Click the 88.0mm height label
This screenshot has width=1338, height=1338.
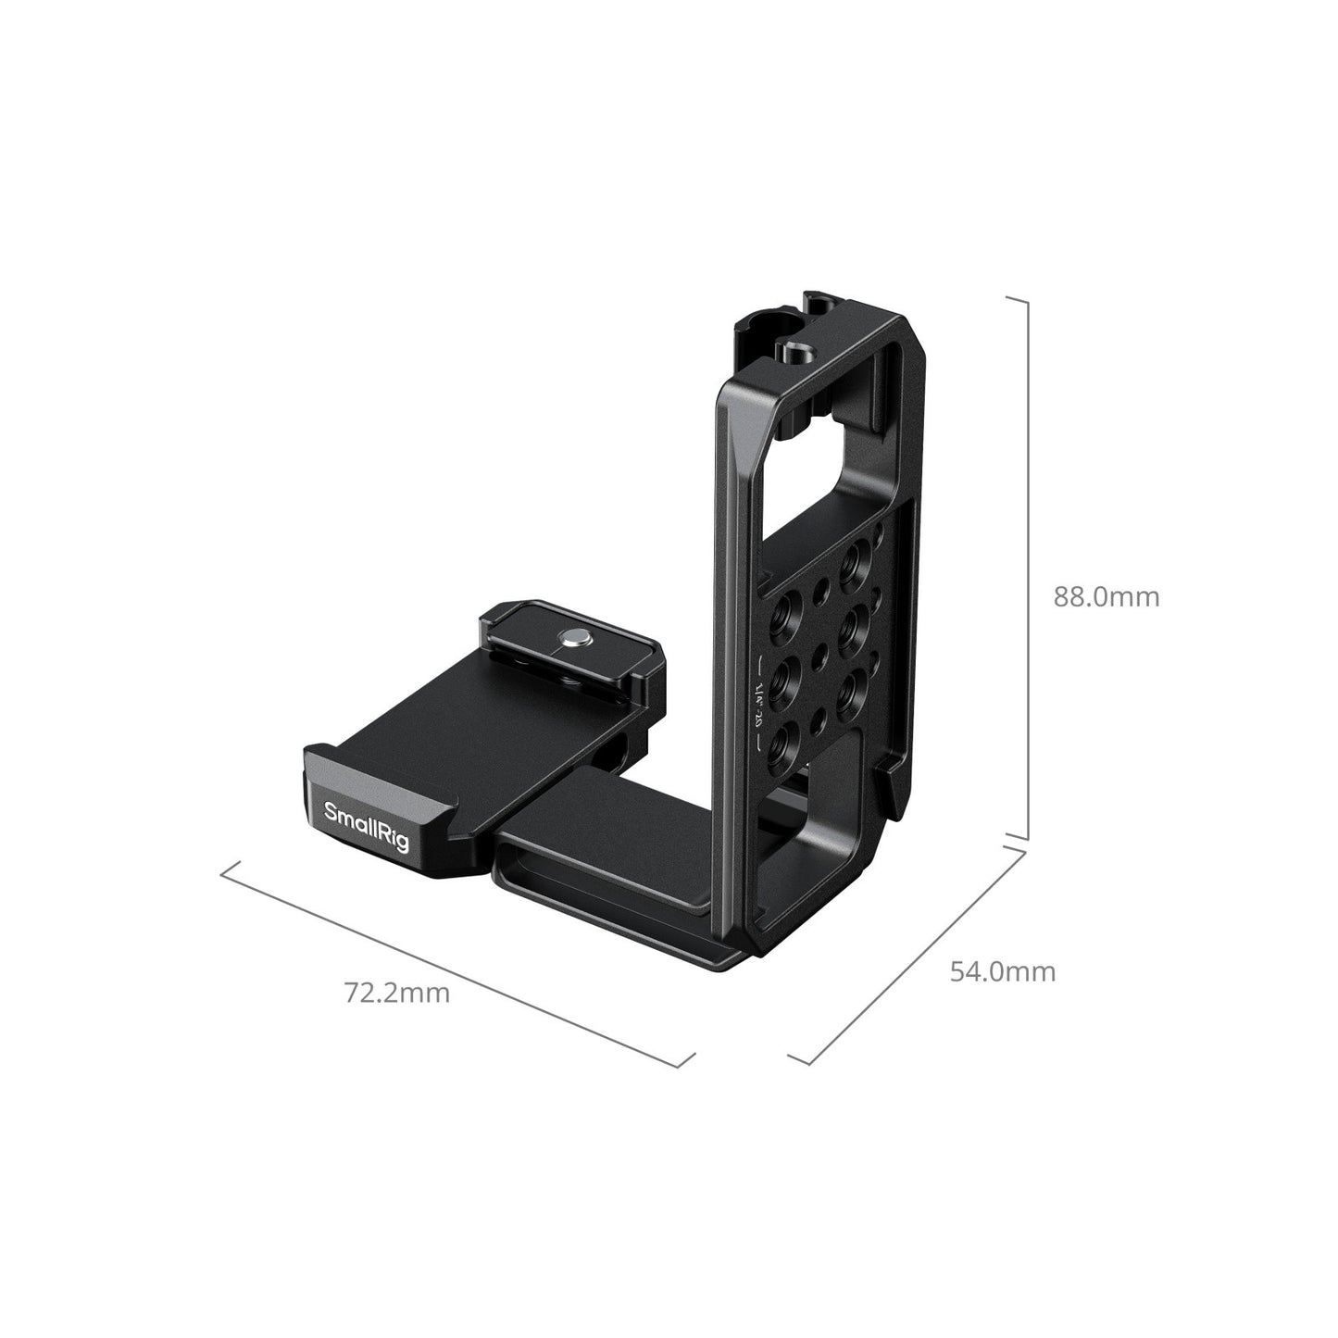point(1106,596)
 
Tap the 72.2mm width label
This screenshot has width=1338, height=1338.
point(397,993)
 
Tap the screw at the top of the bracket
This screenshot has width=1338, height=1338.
point(795,353)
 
